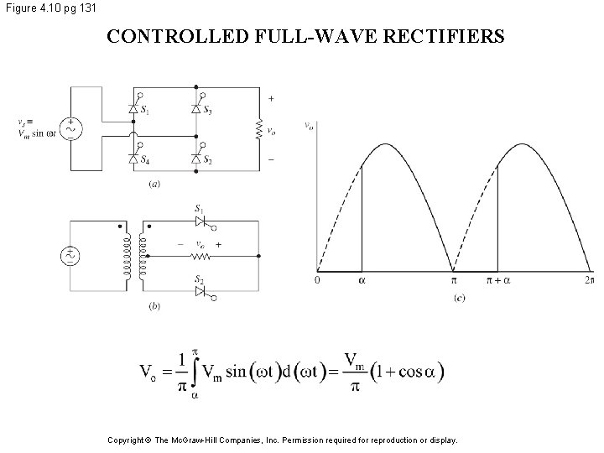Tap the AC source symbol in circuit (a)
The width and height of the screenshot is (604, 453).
tap(71, 128)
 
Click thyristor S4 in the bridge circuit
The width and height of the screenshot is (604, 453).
tap(133, 158)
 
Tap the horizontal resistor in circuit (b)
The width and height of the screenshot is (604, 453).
tap(201, 256)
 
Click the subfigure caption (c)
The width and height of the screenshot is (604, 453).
tap(459, 297)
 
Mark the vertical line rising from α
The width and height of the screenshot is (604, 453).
tap(362, 218)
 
